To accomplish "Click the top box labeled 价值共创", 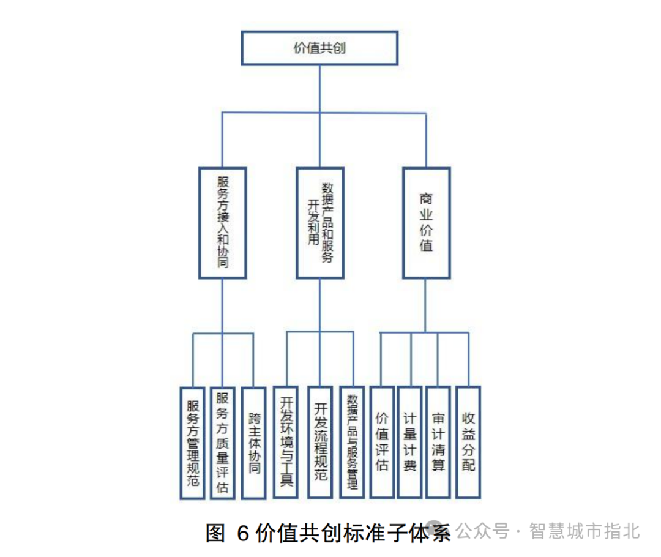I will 319,48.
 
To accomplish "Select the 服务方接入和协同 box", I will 222,223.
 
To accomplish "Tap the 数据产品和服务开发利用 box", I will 319,223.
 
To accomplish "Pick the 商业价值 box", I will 426,223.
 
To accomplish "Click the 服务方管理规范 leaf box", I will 193,443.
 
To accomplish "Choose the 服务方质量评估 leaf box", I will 222,443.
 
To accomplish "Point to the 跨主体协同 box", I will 254,443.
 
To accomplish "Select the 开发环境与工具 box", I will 286,443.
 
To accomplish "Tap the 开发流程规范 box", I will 320,443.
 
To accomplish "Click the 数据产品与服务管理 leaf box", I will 353,443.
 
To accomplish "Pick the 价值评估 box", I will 382,443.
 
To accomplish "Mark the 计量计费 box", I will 410,443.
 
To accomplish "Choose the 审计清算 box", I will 439,443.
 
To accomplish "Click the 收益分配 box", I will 468,443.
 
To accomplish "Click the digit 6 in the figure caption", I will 242,533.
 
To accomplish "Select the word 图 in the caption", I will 215,533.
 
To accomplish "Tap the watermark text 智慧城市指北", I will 584,531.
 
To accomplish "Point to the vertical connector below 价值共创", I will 319,89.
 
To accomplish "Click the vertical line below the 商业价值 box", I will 426,306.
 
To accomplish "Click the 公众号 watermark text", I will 484,531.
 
